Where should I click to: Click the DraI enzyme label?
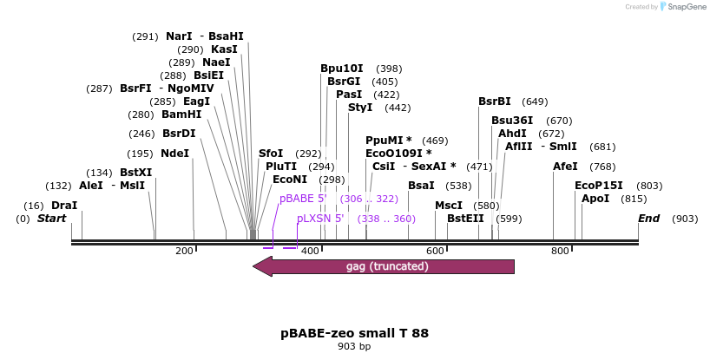[x=64, y=206]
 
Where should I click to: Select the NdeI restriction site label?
[x=174, y=154]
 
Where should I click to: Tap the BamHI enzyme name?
[x=181, y=115]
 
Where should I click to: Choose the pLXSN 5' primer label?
[x=320, y=219]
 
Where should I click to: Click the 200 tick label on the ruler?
[x=184, y=251]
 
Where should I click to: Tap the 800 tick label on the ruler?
[x=560, y=251]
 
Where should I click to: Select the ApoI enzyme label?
[x=595, y=199]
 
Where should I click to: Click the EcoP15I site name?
[x=599, y=186]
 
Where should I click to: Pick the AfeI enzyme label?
[x=565, y=167]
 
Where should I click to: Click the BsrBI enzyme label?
[x=495, y=101]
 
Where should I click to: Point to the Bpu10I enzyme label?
[x=342, y=69]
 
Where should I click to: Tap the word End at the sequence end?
[x=648, y=219]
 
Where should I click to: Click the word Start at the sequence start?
[x=51, y=219]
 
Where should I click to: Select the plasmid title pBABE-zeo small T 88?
[x=354, y=333]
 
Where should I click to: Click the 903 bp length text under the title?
[x=354, y=347]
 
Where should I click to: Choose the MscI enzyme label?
[x=449, y=206]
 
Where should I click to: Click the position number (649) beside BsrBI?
[x=535, y=101]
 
